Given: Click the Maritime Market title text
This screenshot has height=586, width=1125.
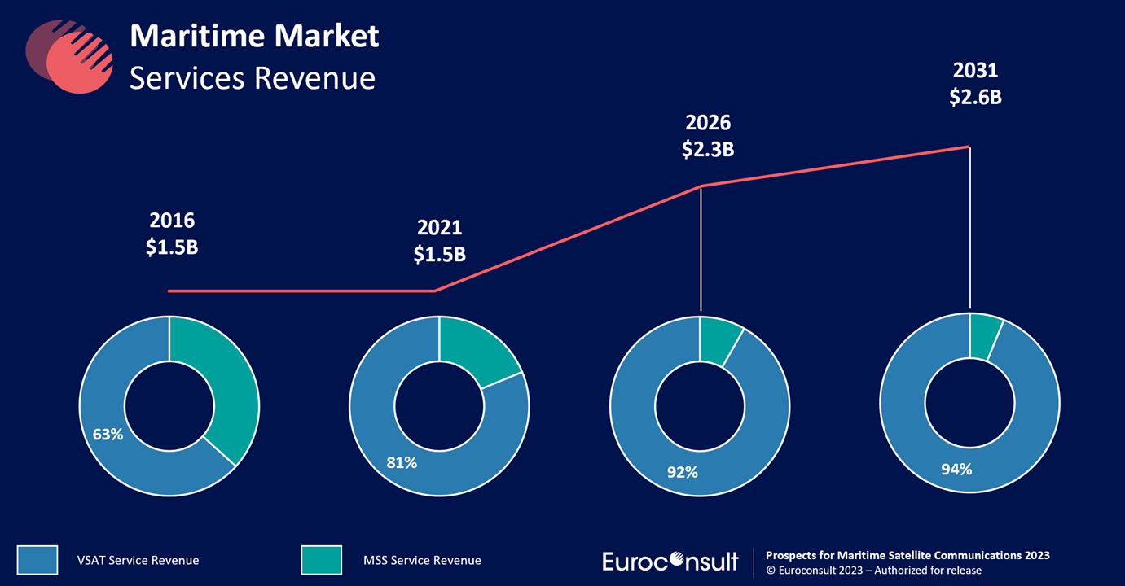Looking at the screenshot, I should tap(254, 36).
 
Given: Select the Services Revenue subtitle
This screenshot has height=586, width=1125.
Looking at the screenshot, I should tap(253, 78).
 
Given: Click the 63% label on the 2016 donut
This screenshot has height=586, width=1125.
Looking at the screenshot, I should tap(108, 435).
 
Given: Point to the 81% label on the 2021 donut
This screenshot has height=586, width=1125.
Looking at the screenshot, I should tap(402, 462).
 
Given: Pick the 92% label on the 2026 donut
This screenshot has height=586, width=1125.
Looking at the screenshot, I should tap(683, 471).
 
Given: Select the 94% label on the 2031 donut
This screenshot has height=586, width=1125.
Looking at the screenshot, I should tap(956, 469).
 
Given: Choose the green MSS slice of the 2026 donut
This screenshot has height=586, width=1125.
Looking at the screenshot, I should tap(717, 339).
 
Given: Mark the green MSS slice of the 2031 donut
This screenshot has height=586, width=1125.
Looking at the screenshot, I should tap(983, 335).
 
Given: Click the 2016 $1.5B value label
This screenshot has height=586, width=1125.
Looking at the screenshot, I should tap(172, 234).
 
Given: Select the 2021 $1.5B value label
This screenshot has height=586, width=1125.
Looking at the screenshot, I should tap(439, 240).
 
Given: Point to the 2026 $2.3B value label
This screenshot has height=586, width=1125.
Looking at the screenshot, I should tap(708, 136).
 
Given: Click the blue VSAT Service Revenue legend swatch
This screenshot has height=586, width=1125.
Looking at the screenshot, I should tap(37, 560).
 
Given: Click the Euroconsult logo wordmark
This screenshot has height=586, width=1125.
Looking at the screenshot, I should tap(670, 561).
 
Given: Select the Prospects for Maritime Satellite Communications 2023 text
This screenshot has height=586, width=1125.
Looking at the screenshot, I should tap(907, 555).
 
